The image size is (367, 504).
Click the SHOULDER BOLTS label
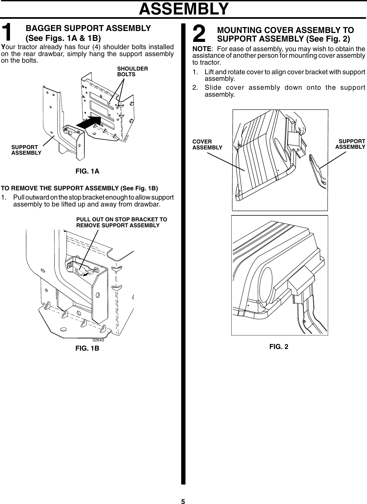pyautogui.click(x=132, y=72)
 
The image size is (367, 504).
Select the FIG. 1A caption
pyautogui.click(x=87, y=171)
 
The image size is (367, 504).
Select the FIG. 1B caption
pyautogui.click(x=87, y=348)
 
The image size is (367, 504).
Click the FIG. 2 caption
pyautogui.click(x=279, y=346)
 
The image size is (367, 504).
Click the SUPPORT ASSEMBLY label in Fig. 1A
pyautogui.click(x=26, y=150)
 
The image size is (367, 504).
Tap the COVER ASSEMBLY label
pyautogui.click(x=207, y=144)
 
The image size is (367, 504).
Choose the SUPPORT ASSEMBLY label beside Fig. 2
pyautogui.click(x=350, y=144)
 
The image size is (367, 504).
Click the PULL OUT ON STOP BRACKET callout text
pyautogui.click(x=122, y=223)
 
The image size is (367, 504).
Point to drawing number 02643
pyautogui.click(x=98, y=340)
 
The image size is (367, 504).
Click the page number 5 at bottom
pyautogui.click(x=183, y=501)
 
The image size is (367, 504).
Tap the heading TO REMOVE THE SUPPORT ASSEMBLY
pyautogui.click(x=80, y=188)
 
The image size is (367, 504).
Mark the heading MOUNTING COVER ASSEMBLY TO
pyautogui.click(x=286, y=30)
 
